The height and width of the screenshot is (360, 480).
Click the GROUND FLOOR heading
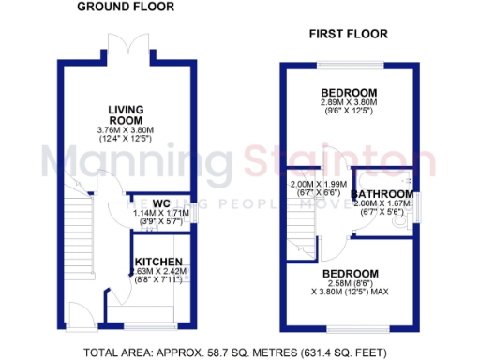(125, 7)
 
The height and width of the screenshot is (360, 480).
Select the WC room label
(160, 202)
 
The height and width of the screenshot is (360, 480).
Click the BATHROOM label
(382, 194)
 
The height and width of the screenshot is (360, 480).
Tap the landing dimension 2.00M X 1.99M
(318, 184)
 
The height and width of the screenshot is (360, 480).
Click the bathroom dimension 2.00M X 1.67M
(382, 204)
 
